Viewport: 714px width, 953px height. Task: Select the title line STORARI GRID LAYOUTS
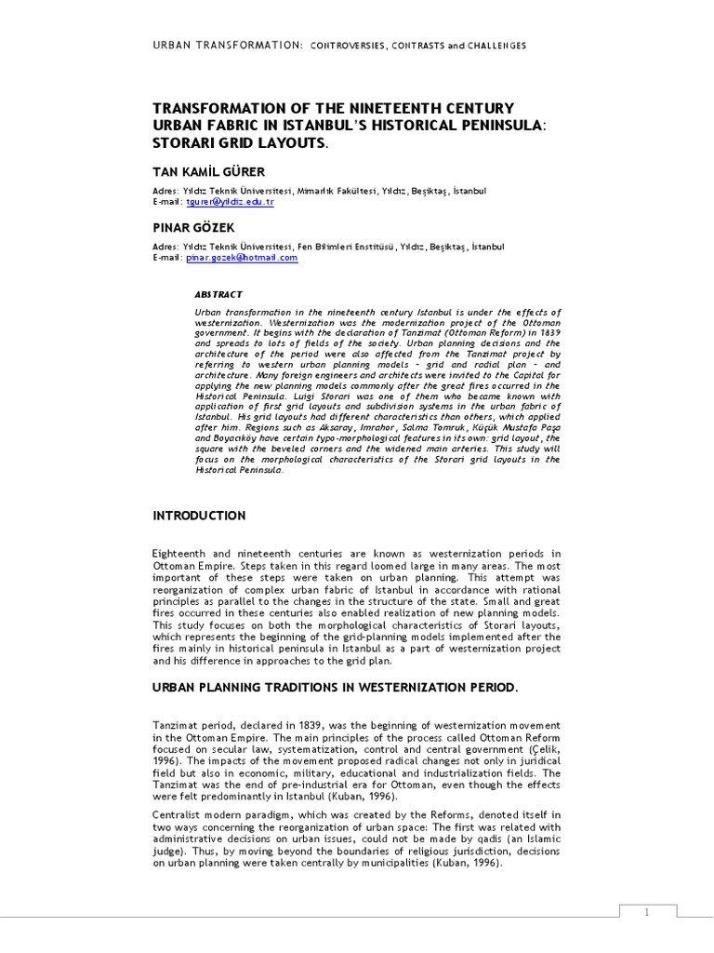(241, 143)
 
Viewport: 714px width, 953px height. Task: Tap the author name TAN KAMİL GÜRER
(208, 172)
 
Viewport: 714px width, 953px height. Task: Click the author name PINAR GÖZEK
(193, 227)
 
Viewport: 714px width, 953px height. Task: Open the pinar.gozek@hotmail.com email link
(242, 257)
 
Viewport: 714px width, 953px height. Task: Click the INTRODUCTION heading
(199, 516)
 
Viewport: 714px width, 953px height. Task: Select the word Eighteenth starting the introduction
(183, 554)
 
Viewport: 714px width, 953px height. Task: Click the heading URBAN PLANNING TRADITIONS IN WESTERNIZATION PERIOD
(334, 688)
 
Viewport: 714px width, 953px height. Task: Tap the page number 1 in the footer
(645, 913)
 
